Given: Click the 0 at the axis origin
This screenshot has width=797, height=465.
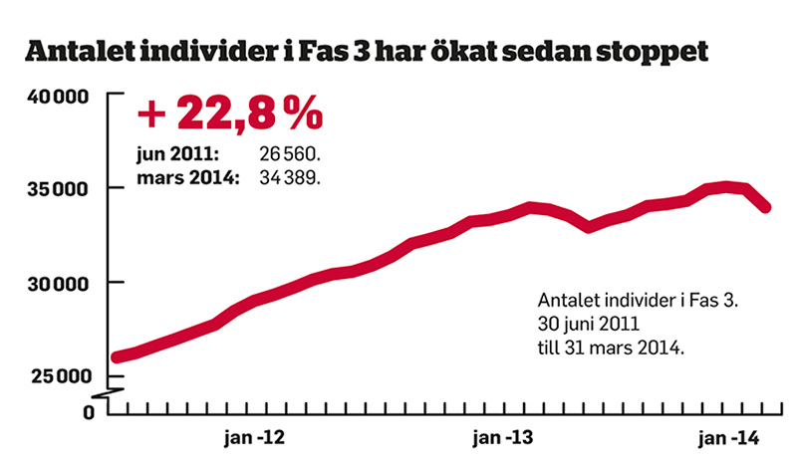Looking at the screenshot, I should tap(87, 411).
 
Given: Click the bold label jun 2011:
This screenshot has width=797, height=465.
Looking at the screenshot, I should tap(178, 156).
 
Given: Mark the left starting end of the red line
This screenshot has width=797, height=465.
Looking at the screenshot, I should tap(117, 356).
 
